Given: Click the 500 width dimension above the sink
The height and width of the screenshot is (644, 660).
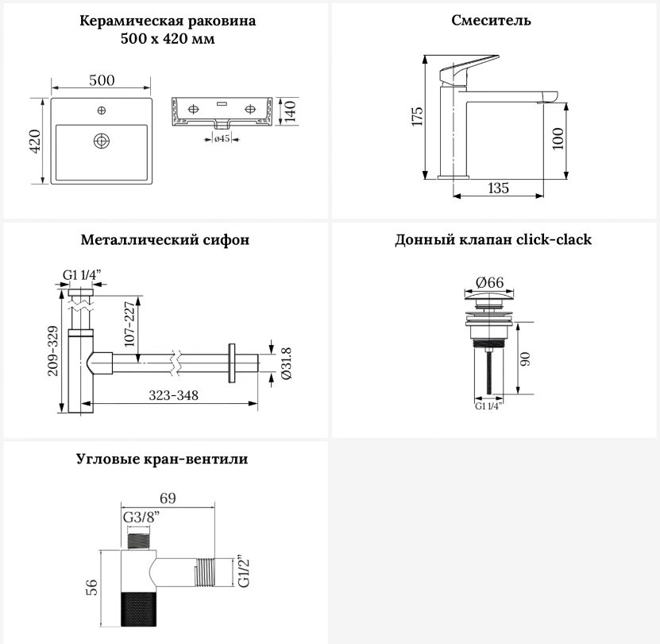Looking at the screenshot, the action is coord(102,80).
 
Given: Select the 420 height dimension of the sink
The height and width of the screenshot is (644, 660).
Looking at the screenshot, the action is coord(35,142).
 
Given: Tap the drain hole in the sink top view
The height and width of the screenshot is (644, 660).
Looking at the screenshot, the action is coord(102,141).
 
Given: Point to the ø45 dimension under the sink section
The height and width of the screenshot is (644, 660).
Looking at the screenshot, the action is coord(222,138).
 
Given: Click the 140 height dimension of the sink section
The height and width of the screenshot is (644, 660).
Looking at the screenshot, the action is coord(290,111).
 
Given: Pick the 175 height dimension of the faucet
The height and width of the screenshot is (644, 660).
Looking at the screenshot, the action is coord(417,116).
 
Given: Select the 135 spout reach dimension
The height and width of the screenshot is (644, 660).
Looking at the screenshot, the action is coord(498,188).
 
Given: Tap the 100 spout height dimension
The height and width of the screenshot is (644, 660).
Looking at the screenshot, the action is coord(558,138).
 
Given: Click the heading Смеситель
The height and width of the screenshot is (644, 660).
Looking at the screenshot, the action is coord(491,20).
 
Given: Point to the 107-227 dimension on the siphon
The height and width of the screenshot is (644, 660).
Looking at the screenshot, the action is coord(129,324).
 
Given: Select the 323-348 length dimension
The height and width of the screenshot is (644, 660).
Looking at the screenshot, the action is coord(173,395).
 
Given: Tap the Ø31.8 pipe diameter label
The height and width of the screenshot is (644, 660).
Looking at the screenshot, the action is coord(286,363).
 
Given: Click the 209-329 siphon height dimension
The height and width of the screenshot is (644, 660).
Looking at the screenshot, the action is coord(53,351).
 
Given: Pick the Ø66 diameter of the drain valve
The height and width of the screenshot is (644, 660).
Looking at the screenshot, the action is coord(489,282).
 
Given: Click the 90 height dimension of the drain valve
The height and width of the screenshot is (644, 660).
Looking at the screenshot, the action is coord(525,359).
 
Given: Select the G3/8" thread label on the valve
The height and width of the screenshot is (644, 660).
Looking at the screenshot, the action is coord(141,517).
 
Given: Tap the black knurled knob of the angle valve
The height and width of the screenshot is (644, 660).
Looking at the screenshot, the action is coord(138,609).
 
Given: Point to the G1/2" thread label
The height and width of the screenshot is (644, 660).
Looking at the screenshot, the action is coord(243,571).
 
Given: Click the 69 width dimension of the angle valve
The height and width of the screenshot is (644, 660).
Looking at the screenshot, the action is coord(168,499).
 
